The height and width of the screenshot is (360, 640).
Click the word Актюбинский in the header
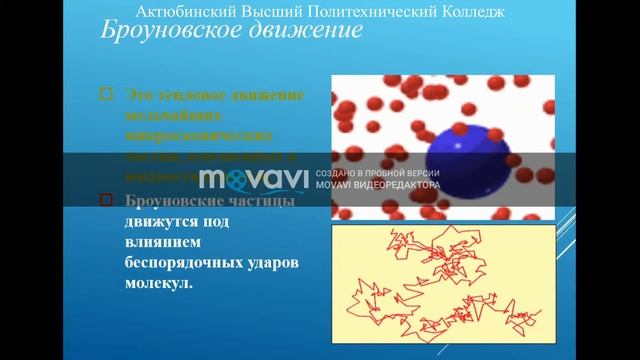click(184, 12)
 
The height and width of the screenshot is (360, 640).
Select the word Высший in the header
click(270, 12)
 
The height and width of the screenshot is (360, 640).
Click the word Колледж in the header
click(468, 12)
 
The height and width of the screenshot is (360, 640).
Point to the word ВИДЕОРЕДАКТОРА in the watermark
click(404, 186)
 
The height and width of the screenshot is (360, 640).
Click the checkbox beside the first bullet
click(107, 95)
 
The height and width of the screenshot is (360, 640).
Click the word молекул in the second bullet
click(158, 281)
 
